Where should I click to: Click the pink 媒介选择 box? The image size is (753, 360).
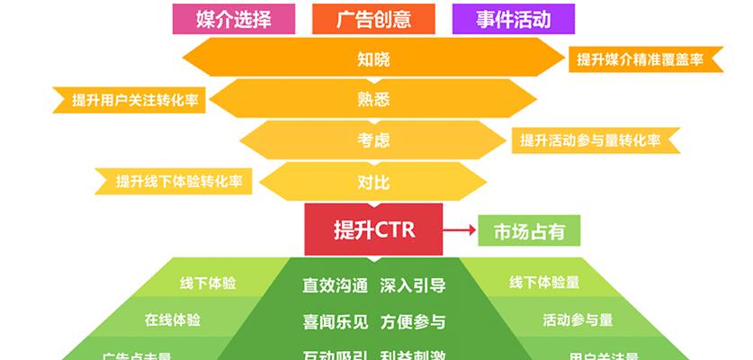(233, 17)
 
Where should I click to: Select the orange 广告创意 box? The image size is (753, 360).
(373, 17)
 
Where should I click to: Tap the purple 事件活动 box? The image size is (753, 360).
(514, 17)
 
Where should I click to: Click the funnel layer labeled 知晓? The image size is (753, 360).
(373, 59)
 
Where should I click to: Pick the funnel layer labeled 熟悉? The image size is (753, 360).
(373, 100)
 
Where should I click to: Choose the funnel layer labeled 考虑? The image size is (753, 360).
(373, 140)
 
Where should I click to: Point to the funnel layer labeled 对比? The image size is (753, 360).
(373, 182)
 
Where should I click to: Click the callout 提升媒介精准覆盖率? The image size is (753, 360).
(640, 59)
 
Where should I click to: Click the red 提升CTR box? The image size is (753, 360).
(373, 229)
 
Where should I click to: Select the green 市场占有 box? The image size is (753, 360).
(529, 230)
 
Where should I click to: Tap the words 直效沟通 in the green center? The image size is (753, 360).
(335, 286)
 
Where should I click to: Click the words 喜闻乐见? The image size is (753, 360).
(335, 321)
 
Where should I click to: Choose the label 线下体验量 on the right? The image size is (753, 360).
(543, 283)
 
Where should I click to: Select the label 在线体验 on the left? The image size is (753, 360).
(173, 319)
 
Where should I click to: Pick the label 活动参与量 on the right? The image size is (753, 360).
(578, 319)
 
